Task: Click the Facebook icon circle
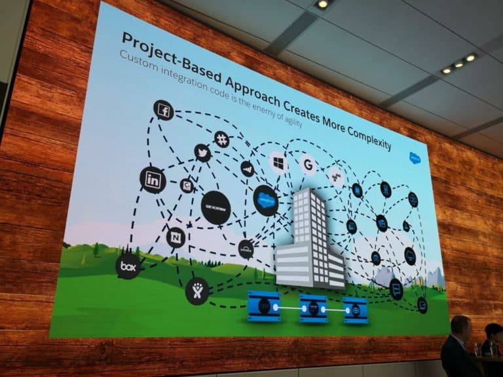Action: tap(163, 110)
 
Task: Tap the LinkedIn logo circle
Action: tap(153, 179)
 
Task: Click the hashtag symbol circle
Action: tap(222, 138)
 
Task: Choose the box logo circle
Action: tap(128, 266)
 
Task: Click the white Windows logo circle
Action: tap(278, 161)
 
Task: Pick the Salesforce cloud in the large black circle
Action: tap(265, 200)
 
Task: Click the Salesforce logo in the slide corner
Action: tap(415, 158)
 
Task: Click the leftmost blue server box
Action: tap(264, 306)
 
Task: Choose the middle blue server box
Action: tap(313, 308)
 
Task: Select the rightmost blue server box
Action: tap(355, 310)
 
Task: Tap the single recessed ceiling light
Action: tap(321, 5)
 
